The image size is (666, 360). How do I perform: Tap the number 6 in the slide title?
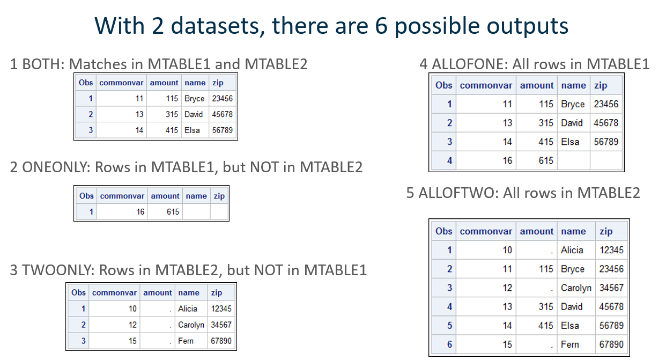tap(381, 26)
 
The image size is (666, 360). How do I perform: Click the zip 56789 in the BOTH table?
tap(222, 130)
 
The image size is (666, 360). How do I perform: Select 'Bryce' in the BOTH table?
tap(194, 99)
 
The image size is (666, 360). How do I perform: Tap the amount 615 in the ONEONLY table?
tap(173, 212)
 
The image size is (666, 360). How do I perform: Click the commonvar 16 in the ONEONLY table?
tap(140, 212)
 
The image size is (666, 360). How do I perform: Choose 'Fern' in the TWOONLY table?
tap(186, 341)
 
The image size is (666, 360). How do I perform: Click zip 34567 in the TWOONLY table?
tap(221, 325)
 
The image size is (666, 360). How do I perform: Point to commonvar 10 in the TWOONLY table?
tap(132, 309)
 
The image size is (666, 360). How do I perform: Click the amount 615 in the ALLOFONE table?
tap(546, 160)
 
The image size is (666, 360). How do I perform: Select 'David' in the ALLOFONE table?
tap(572, 123)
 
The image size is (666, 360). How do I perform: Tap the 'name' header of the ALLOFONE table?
tap(573, 85)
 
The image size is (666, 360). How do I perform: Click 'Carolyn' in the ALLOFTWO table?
tap(576, 288)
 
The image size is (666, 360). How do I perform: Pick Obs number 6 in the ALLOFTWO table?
tap(449, 344)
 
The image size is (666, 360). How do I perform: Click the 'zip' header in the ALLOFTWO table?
tap(606, 231)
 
